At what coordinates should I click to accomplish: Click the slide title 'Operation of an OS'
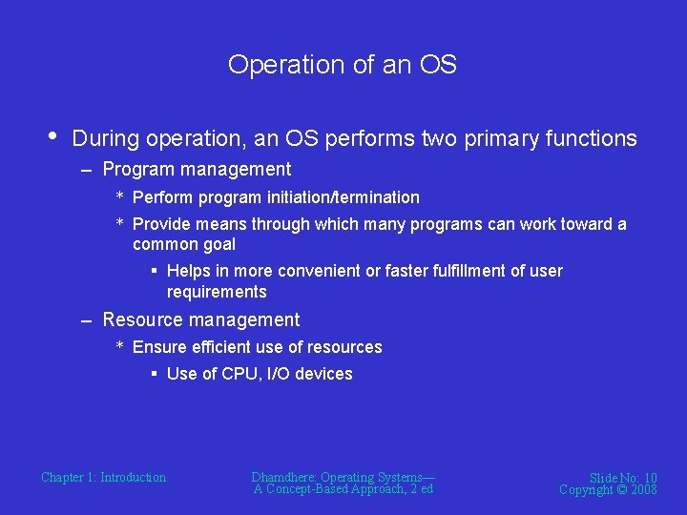point(343,65)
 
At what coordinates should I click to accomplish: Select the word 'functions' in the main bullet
point(591,139)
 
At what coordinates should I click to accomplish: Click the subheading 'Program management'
point(197,170)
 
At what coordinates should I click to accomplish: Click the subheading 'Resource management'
point(200,320)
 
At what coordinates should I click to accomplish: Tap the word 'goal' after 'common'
point(218,244)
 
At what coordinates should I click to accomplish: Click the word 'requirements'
point(217,292)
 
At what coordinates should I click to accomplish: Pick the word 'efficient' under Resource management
point(214,347)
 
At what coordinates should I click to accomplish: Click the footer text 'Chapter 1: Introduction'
point(103,478)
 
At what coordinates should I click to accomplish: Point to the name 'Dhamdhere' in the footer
point(284,477)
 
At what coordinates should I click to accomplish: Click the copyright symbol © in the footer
point(618,490)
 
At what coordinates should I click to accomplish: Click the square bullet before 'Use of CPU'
point(154,374)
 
